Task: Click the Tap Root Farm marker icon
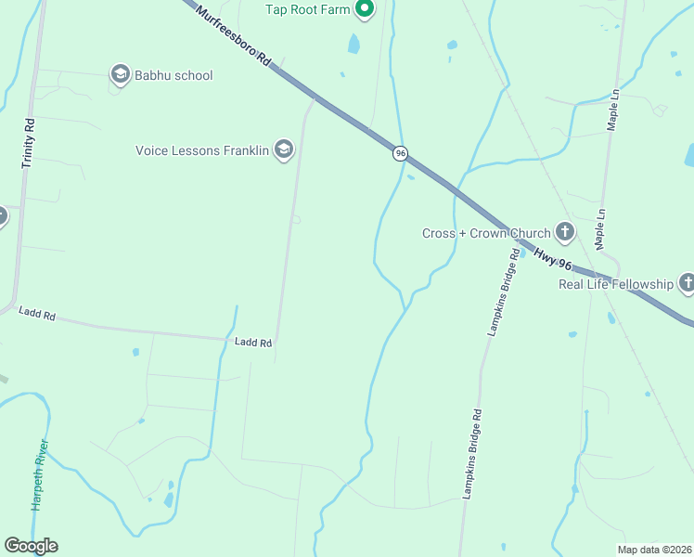pos(365,9)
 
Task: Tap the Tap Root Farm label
pos(308,9)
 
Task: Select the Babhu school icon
pos(120,75)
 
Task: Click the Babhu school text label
pos(173,75)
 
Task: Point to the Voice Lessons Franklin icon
pos(284,149)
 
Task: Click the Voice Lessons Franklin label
pos(202,149)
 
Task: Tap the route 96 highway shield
pos(400,153)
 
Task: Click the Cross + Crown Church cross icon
pos(565,232)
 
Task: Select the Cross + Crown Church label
pos(485,233)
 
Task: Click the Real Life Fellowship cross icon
pos(687,283)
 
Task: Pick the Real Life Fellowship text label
pos(615,284)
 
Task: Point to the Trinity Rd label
pos(29,142)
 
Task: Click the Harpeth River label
pos(40,473)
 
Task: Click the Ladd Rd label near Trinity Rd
pos(37,316)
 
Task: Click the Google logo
pos(31,546)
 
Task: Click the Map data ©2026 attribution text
pos(653,550)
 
